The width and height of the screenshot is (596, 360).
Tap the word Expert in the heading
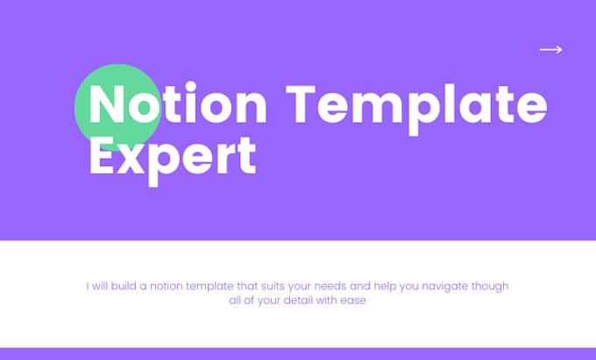(x=173, y=156)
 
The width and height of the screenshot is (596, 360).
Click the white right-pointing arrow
(x=550, y=50)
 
